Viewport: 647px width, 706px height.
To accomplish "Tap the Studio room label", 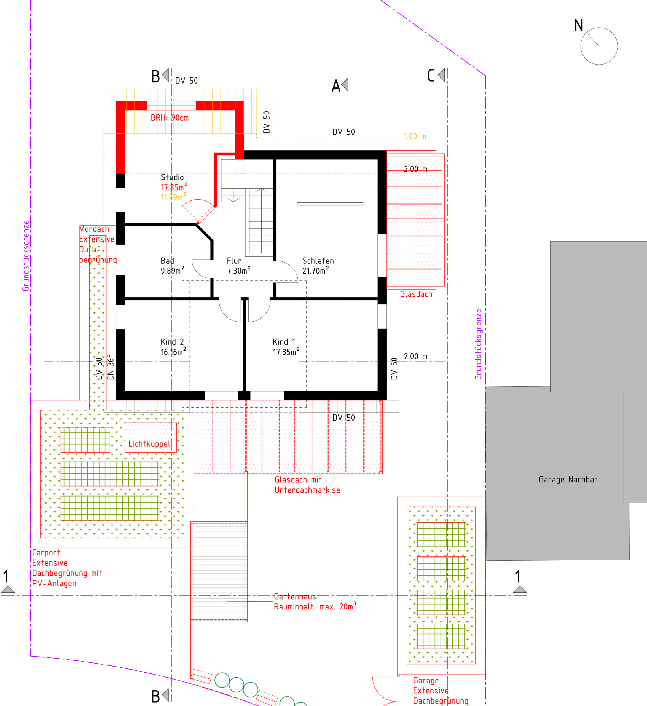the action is click(172, 177).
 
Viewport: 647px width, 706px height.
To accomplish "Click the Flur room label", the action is click(234, 261).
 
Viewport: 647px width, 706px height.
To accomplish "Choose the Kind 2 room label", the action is click(172, 342).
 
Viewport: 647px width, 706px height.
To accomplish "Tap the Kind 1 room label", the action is click(284, 342).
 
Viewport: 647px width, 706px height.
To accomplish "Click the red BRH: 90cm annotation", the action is click(170, 118).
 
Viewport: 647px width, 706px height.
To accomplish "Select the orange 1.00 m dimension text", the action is click(415, 136).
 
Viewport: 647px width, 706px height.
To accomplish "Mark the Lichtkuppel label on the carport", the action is click(149, 444).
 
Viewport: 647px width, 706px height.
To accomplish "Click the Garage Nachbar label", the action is click(568, 479).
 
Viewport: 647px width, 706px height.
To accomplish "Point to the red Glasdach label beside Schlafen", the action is click(416, 294).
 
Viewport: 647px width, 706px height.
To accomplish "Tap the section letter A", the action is click(336, 86).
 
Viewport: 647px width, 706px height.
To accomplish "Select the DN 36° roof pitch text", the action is click(111, 367).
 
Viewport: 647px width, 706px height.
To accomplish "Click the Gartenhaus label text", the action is click(295, 597).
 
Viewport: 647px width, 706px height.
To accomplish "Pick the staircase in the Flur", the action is click(261, 220).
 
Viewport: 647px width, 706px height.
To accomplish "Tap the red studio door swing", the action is click(199, 210).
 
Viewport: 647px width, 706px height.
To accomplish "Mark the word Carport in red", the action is click(46, 553).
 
